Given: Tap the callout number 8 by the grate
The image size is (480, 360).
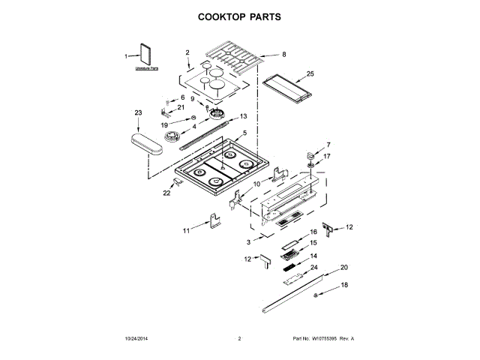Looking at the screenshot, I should tap(284, 54).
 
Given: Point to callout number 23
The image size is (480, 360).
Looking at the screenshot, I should tap(138, 112).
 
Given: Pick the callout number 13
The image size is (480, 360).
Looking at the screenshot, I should tap(243, 116).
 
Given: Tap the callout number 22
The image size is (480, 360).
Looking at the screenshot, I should tap(166, 193).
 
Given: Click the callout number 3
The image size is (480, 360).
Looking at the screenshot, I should tap(248, 242).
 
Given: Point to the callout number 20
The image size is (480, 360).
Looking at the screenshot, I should tap(344, 267).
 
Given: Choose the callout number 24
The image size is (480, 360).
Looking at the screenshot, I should tap(314, 268).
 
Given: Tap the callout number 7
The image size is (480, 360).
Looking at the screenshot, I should tap(328, 143).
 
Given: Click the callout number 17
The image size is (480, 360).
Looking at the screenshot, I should tap(327, 157).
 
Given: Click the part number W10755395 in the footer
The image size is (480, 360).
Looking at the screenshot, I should tap(324, 339).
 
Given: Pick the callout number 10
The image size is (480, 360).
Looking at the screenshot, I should tap(256, 182).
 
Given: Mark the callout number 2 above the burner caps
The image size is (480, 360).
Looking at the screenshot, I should tap(187, 52).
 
